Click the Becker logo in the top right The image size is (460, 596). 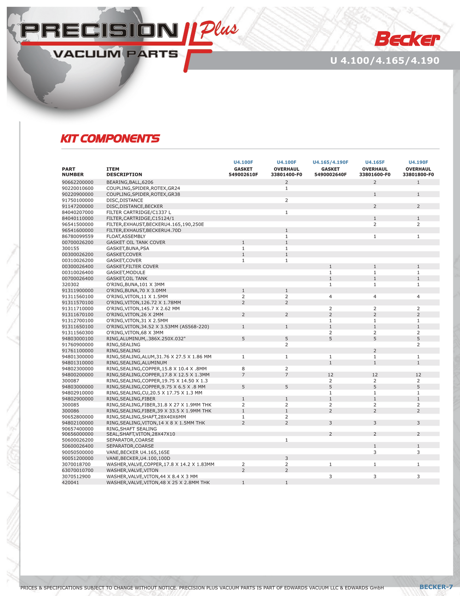coord(407,39)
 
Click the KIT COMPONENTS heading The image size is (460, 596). coord(110,139)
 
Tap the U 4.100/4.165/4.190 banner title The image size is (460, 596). coord(385,60)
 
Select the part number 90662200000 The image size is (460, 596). coord(78,182)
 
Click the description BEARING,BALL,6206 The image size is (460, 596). coord(130,182)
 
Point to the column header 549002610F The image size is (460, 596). coord(243,175)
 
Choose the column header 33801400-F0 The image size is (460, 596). coord(286,175)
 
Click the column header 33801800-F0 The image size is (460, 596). coord(418,175)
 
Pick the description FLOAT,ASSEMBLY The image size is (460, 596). coord(126,236)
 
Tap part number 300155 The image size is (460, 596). coord(70,248)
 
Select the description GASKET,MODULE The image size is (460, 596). coord(126,272)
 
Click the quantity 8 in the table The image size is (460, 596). coord(243,368)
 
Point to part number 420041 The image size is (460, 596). coord(70,482)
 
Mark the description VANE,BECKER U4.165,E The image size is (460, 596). coord(138,452)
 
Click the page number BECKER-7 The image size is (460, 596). coord(436,587)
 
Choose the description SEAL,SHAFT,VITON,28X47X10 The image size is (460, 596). coord(140,434)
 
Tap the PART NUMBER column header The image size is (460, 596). coord(73,172)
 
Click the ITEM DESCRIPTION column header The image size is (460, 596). coord(124,172)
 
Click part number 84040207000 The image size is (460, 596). coord(78,212)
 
